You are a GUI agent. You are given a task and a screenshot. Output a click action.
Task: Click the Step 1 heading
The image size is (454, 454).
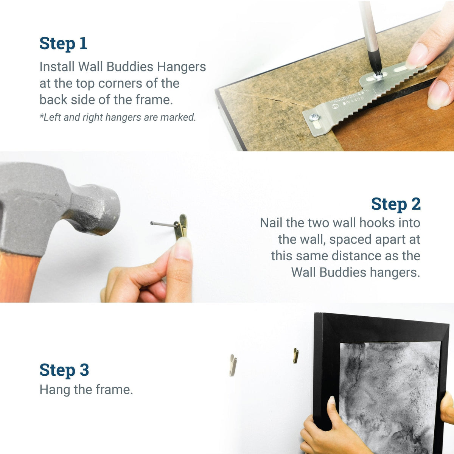[63, 44]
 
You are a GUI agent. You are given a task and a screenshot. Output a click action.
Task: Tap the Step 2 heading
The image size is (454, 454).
[395, 204]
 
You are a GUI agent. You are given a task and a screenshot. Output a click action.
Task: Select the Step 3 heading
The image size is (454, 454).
[64, 370]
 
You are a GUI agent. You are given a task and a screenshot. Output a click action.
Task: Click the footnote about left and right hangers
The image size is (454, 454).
[118, 117]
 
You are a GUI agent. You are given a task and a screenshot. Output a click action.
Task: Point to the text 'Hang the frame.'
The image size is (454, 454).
[86, 390]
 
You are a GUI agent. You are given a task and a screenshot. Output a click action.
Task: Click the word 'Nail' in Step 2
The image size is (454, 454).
[271, 222]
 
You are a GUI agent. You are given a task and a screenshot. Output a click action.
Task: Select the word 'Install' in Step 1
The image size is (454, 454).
[57, 67]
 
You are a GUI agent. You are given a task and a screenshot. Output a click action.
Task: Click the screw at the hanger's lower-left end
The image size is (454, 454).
[314, 117]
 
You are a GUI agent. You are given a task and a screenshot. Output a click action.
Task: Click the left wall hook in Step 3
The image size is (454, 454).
[233, 365]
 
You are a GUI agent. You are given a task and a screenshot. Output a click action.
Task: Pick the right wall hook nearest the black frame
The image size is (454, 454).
[296, 356]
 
